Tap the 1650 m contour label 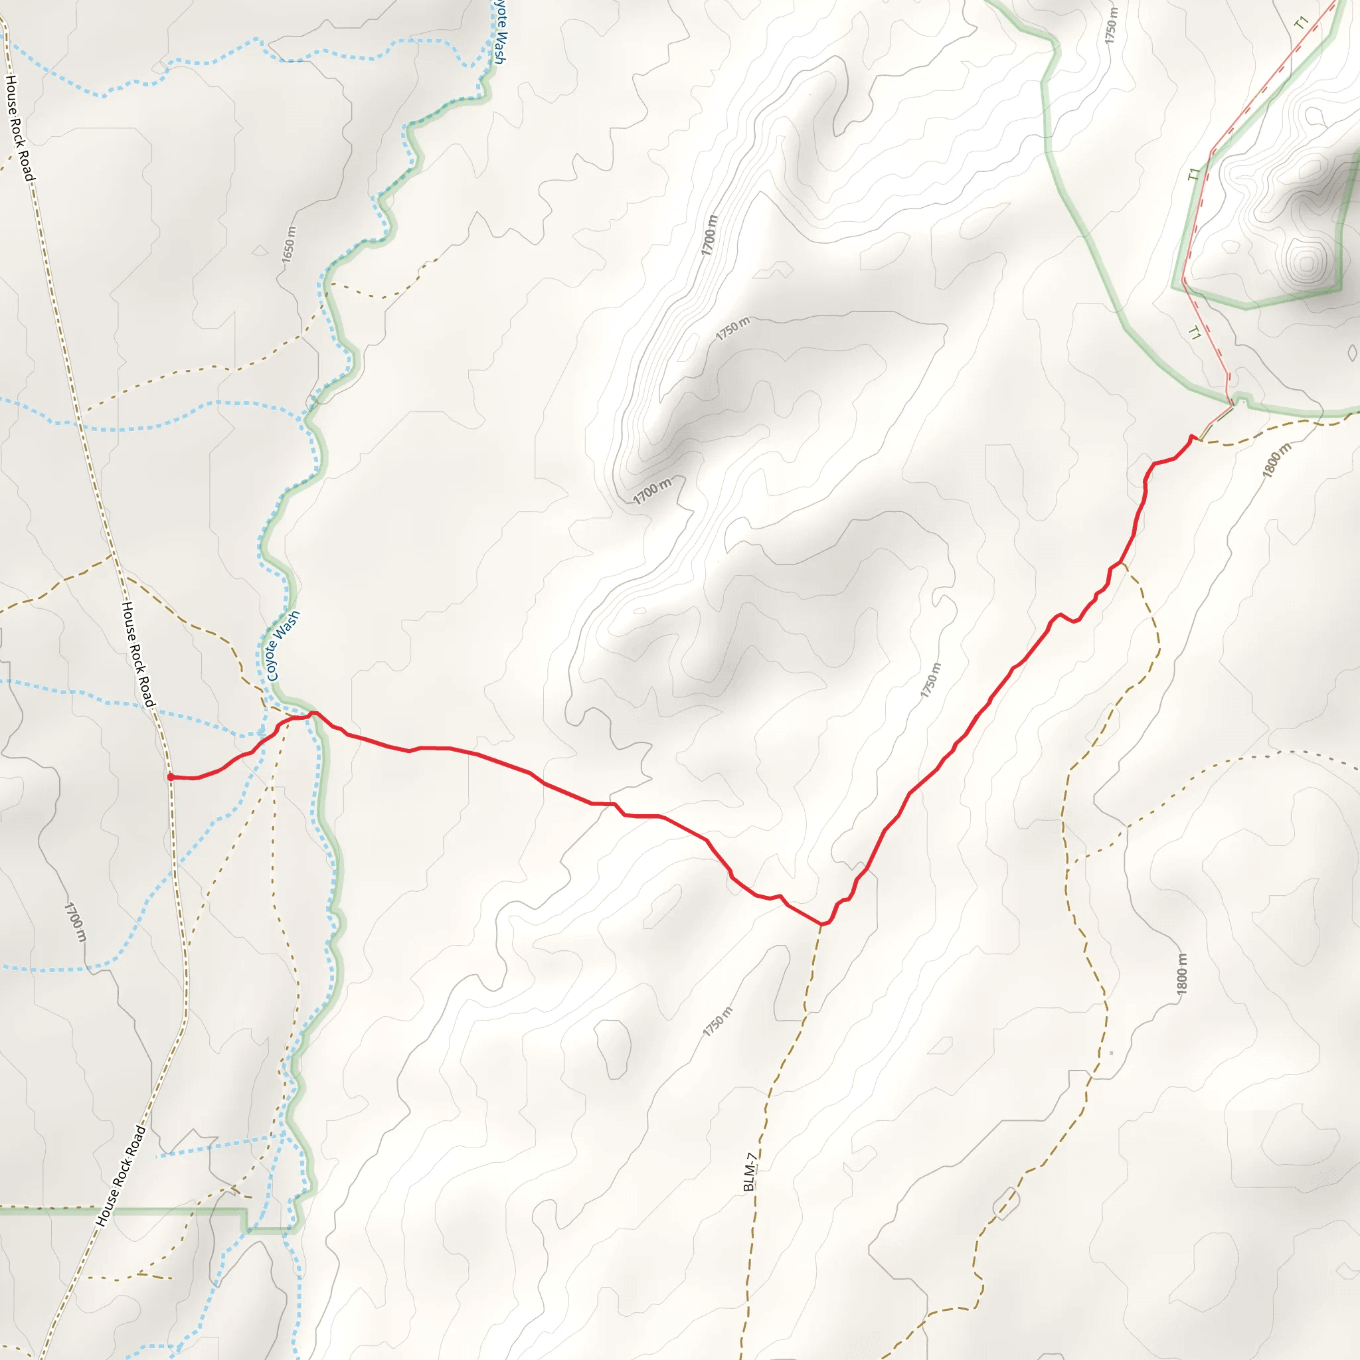289,245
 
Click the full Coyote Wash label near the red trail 283,645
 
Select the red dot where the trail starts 171,776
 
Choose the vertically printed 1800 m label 1182,974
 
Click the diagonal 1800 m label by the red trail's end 1277,460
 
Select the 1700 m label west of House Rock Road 75,922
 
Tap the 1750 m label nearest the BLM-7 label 718,1022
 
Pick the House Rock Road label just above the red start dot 138,654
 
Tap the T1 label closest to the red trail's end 1195,333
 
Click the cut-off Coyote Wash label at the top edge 499,32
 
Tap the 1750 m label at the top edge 1111,25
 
